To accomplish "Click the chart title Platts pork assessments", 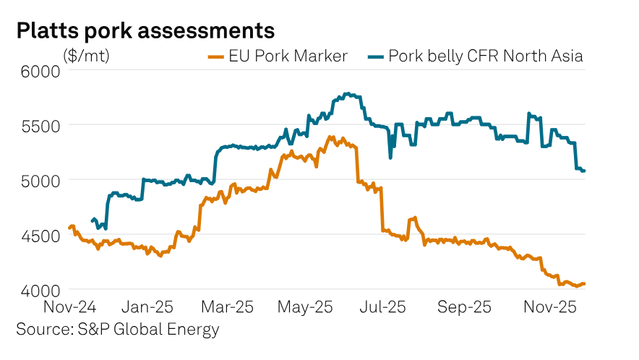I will coord(145,30).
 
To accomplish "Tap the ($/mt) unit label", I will coord(87,55).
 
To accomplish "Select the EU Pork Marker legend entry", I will coord(278,56).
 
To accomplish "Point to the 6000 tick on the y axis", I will coord(37,71).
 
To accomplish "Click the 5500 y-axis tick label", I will coord(37,125).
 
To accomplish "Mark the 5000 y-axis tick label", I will coord(37,180).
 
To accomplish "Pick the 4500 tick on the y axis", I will coord(37,235).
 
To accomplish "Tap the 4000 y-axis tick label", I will coord(37,290).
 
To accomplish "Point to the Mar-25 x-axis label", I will coord(227,307).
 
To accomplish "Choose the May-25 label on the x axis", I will coord(304,307).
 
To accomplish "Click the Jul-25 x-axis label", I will coord(383,307).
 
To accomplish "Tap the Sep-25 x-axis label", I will coord(463,307).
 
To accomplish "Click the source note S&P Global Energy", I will coord(117,330).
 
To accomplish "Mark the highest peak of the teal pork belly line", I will coord(348,93).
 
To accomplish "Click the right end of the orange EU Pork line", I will coord(584,284).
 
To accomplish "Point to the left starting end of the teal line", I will coord(92,221).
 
